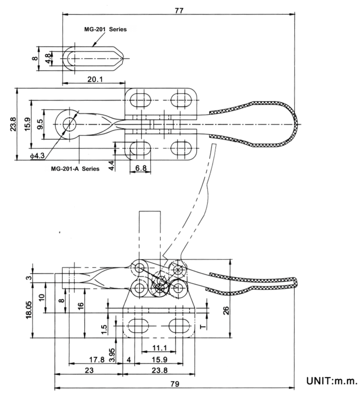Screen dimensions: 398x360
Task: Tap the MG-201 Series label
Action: [105, 29]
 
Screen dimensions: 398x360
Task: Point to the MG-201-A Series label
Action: [75, 169]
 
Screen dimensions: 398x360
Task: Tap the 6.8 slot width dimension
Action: [140, 168]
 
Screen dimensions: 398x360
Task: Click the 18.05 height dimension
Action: [30, 309]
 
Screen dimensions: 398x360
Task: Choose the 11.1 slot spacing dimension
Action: [159, 348]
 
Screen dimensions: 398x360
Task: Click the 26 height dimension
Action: [226, 310]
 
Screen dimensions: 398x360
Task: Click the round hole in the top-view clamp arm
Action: [69, 124]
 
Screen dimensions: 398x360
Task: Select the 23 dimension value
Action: [89, 370]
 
